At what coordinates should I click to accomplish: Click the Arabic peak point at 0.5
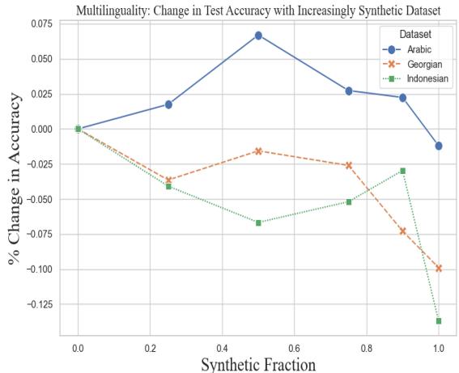258,36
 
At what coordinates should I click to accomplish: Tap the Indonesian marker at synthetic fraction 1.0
439,321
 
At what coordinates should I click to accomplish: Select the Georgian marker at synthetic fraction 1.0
439,268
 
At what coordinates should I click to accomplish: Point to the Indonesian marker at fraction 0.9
402,171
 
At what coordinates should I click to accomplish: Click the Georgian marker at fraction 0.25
168,180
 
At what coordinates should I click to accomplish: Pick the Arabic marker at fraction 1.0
439,146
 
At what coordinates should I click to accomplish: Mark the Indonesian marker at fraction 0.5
258,223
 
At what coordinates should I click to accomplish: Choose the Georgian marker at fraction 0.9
402,231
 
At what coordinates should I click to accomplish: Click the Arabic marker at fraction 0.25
168,104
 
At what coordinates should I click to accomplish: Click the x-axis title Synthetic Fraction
258,363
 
